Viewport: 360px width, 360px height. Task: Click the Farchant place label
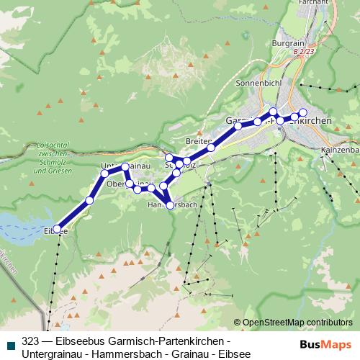pyautogui.click(x=311, y=3)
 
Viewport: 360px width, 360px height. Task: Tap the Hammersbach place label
pyautogui.click(x=172, y=205)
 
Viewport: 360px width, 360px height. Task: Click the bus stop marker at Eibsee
pyautogui.click(x=58, y=230)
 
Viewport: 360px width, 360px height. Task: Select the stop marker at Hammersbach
pyautogui.click(x=170, y=206)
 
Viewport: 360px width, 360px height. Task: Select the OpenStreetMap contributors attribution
pyautogui.click(x=297, y=323)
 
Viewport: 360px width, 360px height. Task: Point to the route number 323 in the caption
pyautogui.click(x=30, y=340)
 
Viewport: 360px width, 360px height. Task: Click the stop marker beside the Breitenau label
pyautogui.click(x=212, y=147)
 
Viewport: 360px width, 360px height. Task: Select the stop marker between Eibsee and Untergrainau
pyautogui.click(x=90, y=200)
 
